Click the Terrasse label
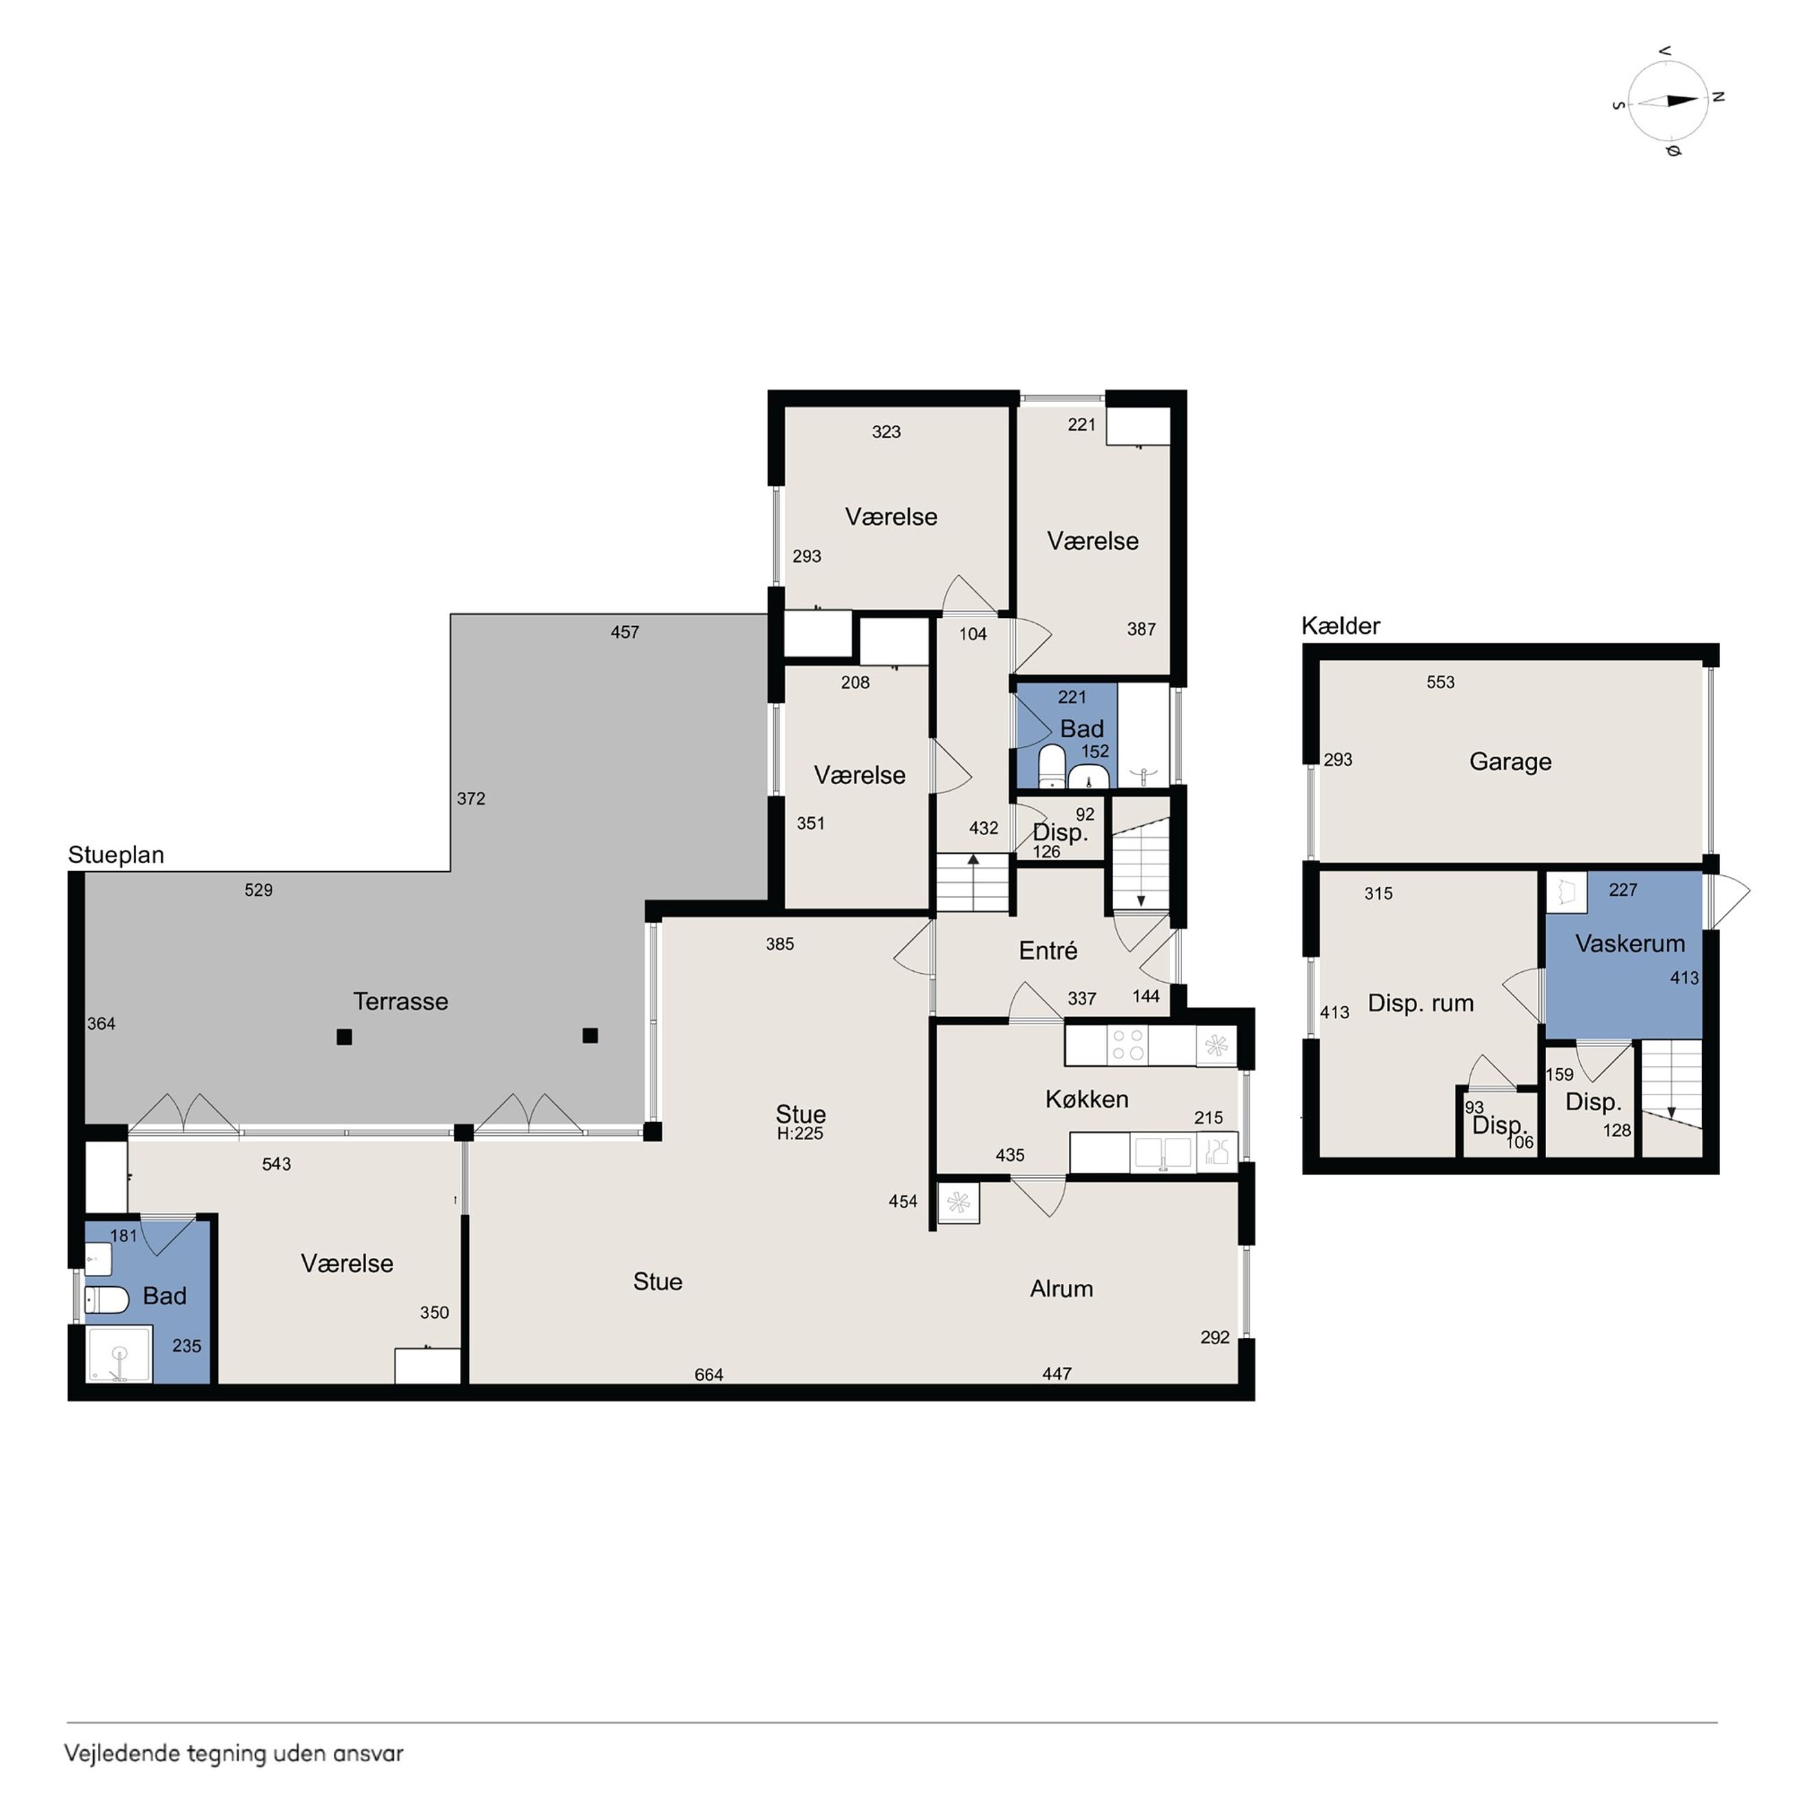400,1001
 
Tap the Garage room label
1510,762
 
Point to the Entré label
1048,950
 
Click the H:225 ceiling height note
800,1133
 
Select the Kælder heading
1340,626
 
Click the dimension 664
709,1374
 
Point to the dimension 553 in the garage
1441,682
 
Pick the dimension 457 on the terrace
625,632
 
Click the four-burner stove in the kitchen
1128,1044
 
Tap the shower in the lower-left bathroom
119,1356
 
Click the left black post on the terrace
344,1038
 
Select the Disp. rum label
1420,1003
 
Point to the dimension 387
1141,629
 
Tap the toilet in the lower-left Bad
107,1299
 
